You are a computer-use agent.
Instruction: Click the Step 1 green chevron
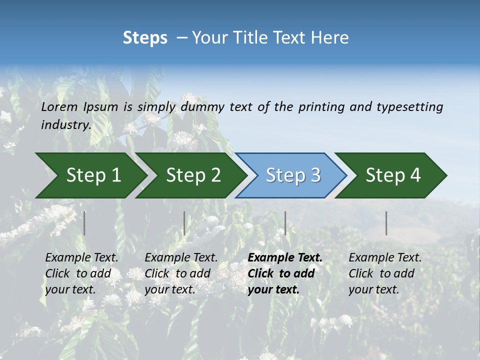[x=93, y=175]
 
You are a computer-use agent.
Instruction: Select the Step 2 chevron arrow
[x=193, y=175]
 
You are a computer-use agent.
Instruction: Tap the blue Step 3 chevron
[x=293, y=175]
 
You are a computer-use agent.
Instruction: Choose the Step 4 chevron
[x=393, y=175]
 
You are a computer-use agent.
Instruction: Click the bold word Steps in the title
[x=145, y=38]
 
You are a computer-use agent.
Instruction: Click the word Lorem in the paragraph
[x=59, y=107]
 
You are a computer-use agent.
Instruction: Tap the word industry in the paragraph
[x=65, y=124]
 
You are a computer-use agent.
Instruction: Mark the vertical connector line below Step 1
[x=84, y=223]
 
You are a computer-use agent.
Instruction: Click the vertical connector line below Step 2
[x=184, y=223]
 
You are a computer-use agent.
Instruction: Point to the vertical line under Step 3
[x=285, y=223]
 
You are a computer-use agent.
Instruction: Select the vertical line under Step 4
[x=386, y=223]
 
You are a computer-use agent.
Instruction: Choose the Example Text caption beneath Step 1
[x=81, y=273]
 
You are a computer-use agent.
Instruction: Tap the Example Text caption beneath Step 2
[x=181, y=273]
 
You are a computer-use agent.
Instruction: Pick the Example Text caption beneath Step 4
[x=385, y=273]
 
